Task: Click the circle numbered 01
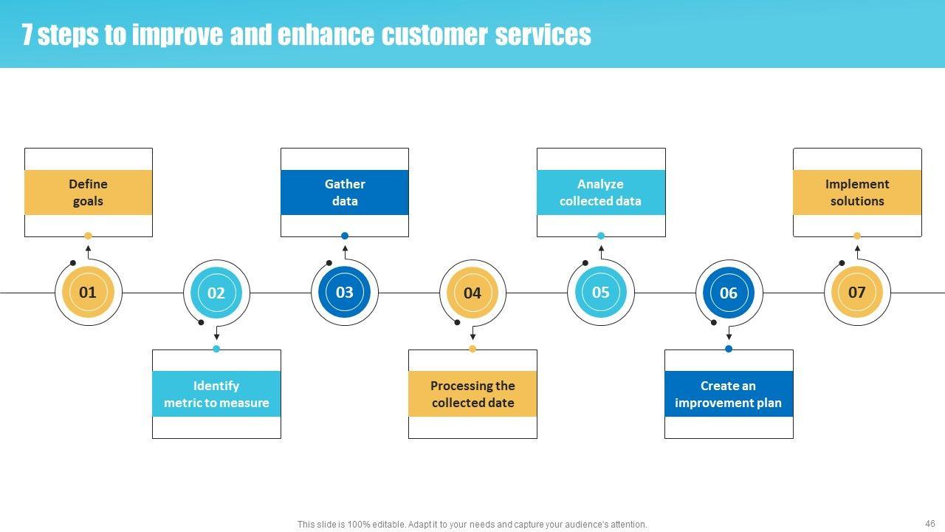point(88,293)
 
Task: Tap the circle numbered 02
point(216,293)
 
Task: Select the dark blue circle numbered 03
point(345,293)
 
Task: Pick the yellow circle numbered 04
point(472,293)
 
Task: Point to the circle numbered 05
point(601,293)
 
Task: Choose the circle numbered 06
point(729,293)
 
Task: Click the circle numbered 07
point(856,293)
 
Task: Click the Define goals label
point(89,192)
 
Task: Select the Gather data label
point(345,192)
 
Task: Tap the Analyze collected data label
point(601,192)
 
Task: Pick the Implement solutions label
point(857,192)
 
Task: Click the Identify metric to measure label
point(216,394)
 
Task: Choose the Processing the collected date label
point(472,394)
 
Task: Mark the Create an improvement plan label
point(729,394)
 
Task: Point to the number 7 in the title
point(27,35)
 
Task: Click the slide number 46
point(929,523)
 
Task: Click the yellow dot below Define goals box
point(89,236)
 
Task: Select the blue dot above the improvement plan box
point(729,349)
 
